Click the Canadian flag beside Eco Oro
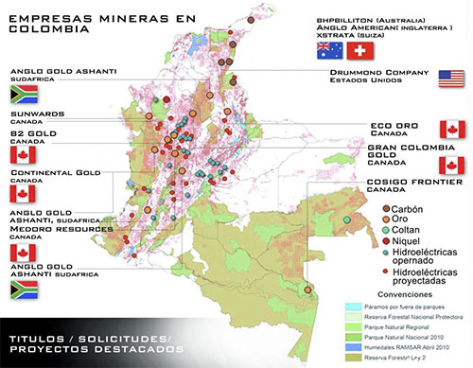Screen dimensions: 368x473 pos(452,129)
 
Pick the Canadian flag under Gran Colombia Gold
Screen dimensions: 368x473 pos(452,166)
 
